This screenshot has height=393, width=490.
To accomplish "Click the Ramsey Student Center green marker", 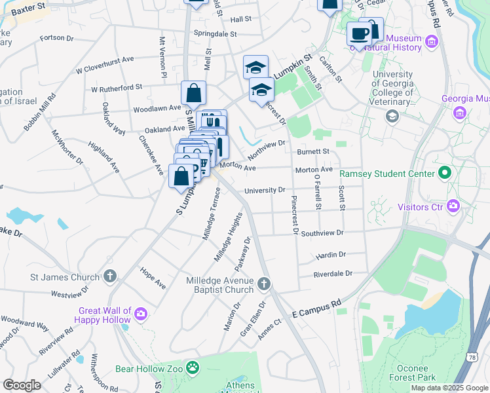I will pos(445,174).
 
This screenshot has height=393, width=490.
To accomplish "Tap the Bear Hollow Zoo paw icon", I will pos(193,369).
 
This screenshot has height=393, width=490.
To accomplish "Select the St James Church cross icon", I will pos(111,276).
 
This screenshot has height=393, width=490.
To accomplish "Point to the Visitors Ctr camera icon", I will pos(453,207).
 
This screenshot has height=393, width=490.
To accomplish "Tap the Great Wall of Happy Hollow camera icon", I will pos(141,316).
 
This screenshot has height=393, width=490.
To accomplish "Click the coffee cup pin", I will pos(358,33).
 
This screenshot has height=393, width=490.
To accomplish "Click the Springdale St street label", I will pos(214,33).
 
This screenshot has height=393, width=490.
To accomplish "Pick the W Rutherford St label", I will pos(117,88).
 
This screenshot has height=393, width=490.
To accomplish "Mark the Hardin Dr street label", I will pos(330,254).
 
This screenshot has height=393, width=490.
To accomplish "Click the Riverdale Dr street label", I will pos(332,274).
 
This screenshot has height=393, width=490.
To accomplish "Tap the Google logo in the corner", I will pos(22,385).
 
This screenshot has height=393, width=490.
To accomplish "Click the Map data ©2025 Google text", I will pos(449,388).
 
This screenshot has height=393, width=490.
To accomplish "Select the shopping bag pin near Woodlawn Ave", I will pos(194,93).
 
